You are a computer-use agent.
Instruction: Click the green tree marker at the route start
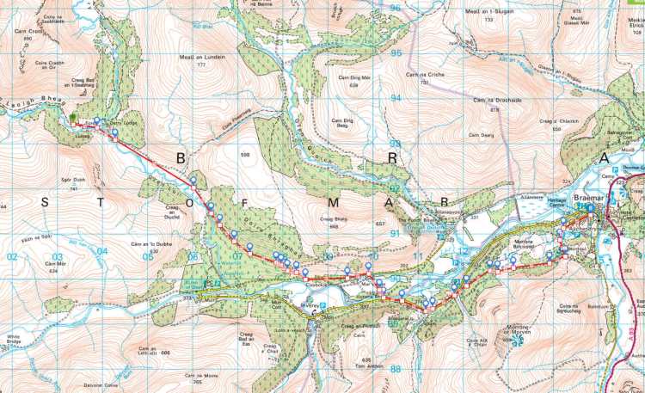75,119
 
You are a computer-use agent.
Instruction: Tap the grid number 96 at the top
396,8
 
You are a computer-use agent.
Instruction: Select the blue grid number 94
396,98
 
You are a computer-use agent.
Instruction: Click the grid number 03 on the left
58,256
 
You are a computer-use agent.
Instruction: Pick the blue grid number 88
396,368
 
